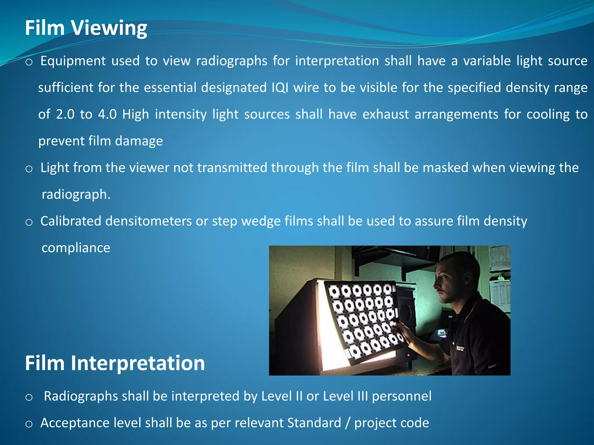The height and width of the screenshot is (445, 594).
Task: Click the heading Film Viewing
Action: click(x=86, y=28)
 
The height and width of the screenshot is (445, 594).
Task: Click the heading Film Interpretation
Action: click(x=115, y=363)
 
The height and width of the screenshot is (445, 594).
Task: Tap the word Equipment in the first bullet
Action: click(x=73, y=61)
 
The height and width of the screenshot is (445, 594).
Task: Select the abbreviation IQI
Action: click(x=280, y=87)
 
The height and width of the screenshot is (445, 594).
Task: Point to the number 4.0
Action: click(x=107, y=114)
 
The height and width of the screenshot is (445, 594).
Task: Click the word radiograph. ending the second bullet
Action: click(x=76, y=194)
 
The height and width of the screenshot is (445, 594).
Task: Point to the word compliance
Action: click(x=76, y=248)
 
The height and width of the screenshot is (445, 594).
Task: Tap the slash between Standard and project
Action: click(x=348, y=423)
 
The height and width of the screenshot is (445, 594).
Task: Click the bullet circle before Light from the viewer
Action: click(x=29, y=169)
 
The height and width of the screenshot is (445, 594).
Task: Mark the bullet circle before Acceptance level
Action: click(x=29, y=424)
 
